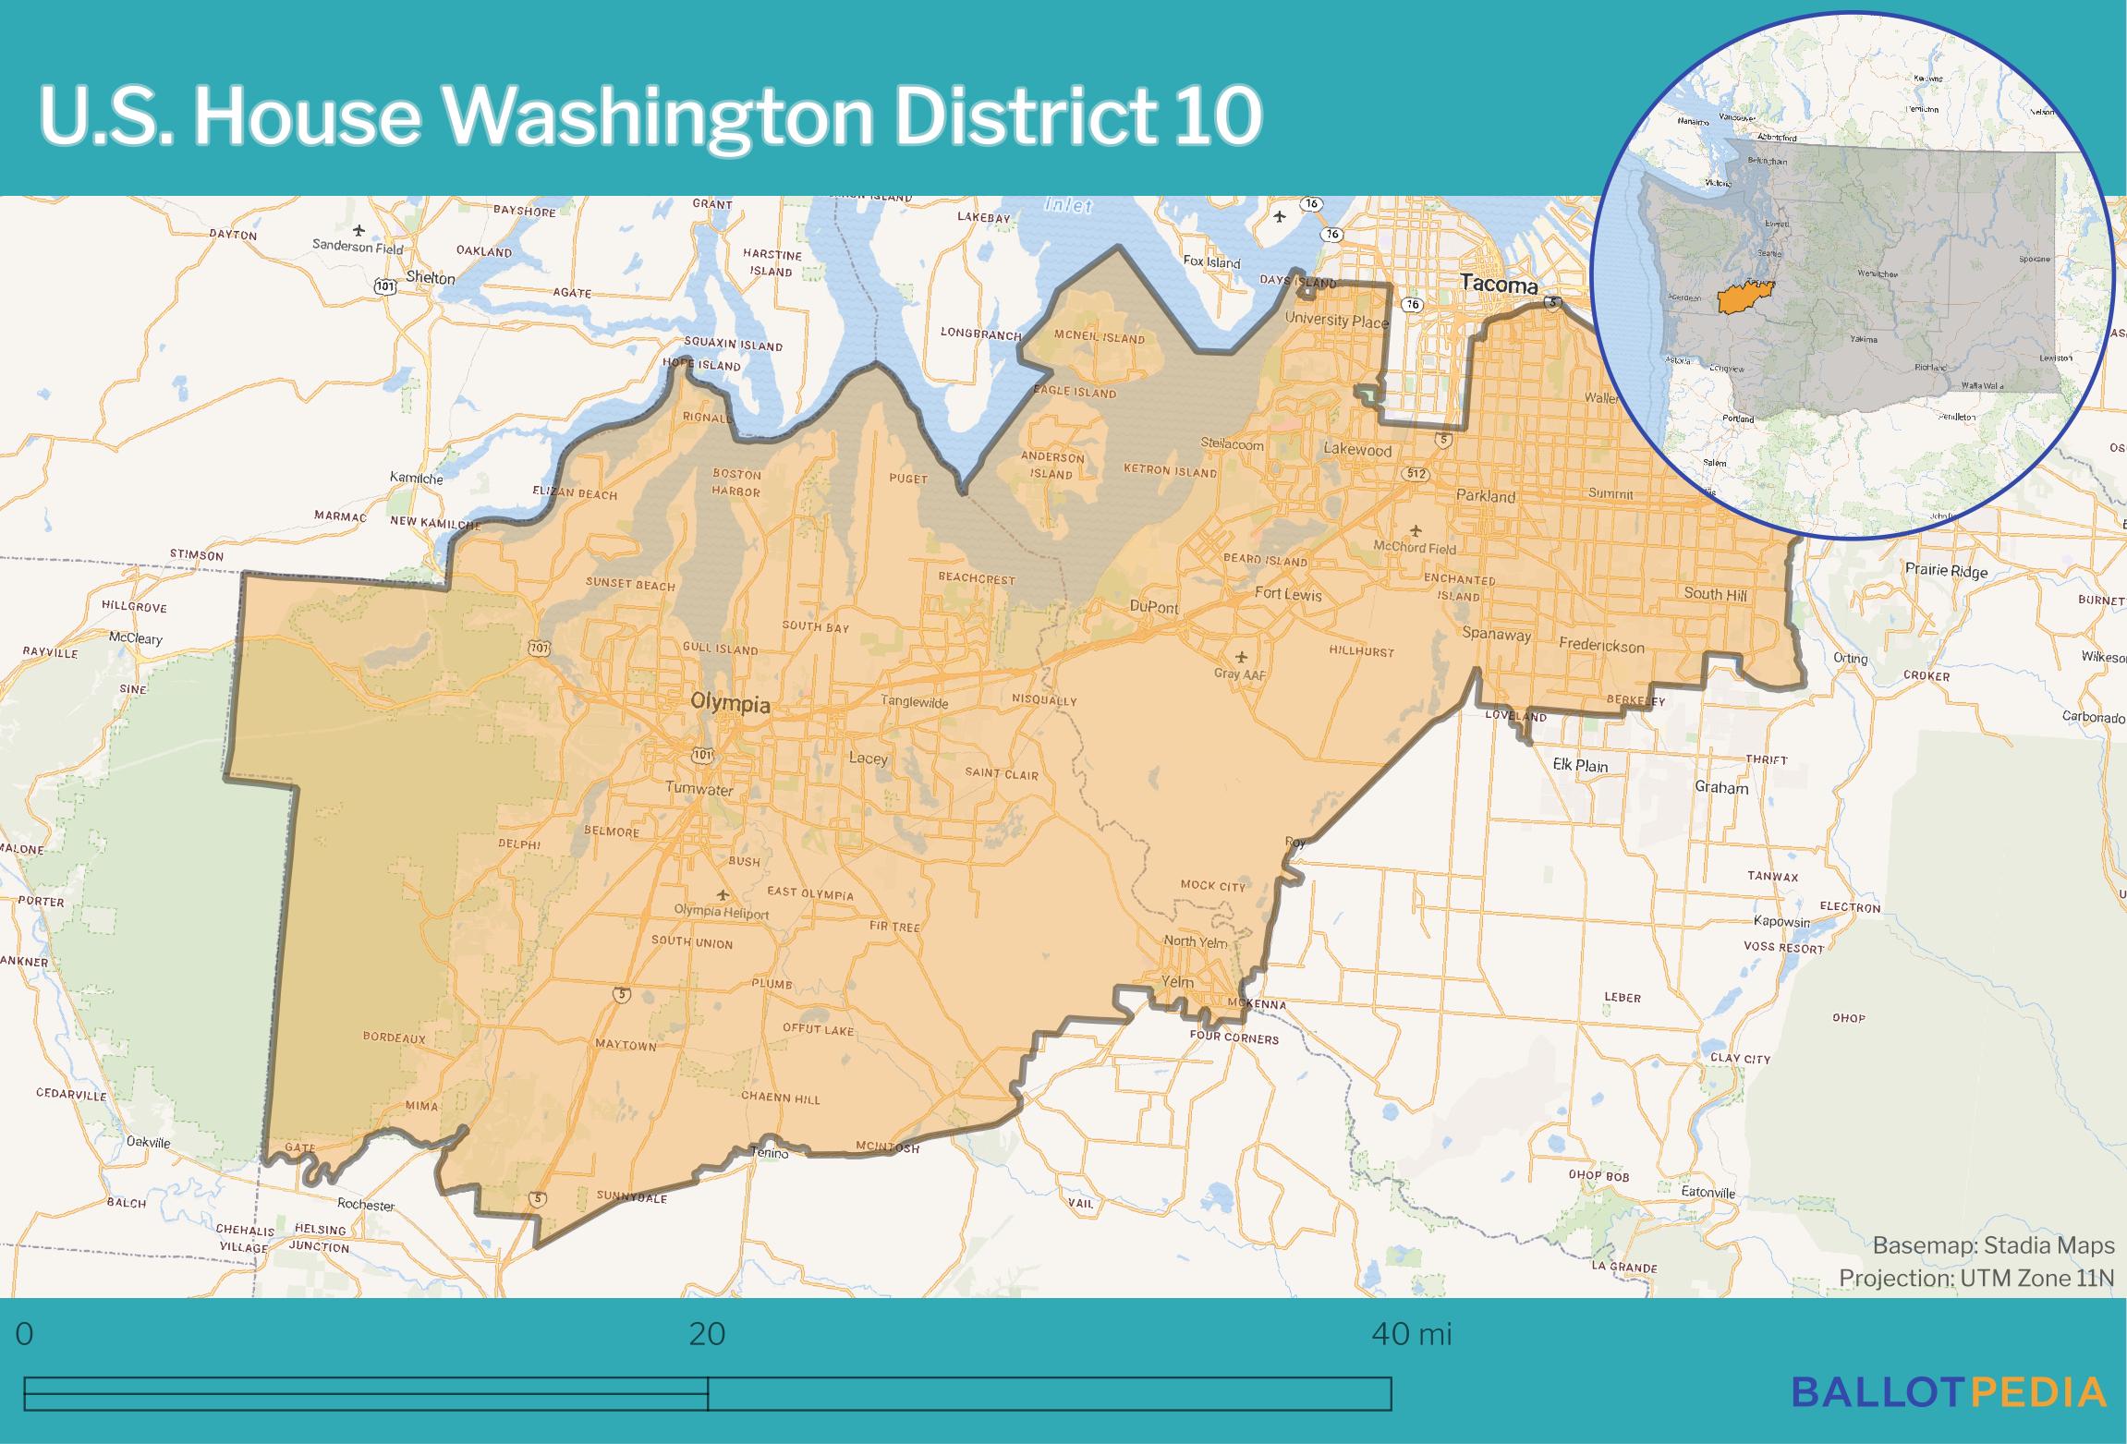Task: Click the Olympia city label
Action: pos(730,704)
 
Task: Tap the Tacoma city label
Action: pos(1498,285)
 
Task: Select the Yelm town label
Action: pos(1177,981)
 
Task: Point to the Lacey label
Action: pos(868,758)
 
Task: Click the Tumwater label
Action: pos(699,789)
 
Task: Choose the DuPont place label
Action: pos(1154,607)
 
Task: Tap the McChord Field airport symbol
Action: pos(1416,530)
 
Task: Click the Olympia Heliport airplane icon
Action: pos(723,894)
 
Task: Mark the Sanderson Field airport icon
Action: pos(359,229)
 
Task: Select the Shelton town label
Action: pos(431,278)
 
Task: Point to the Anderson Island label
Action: pos(1052,466)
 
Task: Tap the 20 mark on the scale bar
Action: pos(707,1334)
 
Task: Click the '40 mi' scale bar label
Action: pos(1411,1334)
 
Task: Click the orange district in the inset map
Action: pos(1732,299)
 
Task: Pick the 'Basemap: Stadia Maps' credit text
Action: pos(1993,1245)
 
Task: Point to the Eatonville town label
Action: pos(1708,1192)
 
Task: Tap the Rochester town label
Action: pos(366,1205)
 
